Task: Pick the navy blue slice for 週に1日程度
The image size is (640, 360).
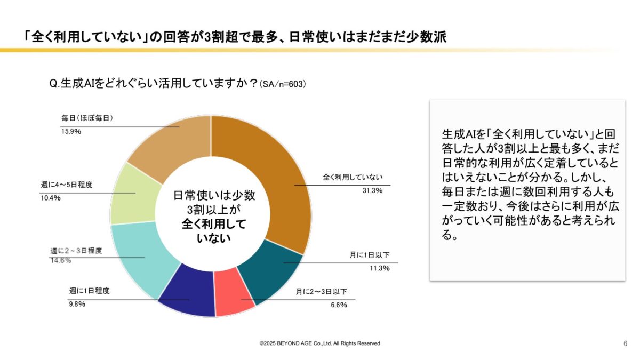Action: coord(187,296)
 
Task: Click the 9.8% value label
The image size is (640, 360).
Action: coord(77,305)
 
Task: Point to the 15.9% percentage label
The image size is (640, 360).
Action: coord(70,131)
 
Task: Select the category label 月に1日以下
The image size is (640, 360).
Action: coord(370,255)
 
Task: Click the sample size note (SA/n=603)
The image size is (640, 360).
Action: coord(282,84)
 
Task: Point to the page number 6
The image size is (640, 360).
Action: coord(625,343)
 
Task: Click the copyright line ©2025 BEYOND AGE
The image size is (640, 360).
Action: coord(319,343)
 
